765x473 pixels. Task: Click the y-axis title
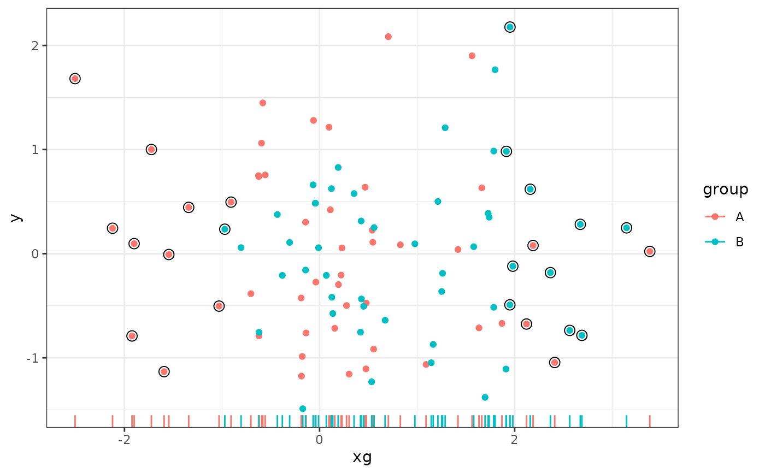(16, 217)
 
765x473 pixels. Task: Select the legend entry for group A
(739, 217)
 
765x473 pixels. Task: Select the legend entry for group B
(739, 242)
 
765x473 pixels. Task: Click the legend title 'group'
(725, 190)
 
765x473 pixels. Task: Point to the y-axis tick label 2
(36, 45)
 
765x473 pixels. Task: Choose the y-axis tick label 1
(36, 150)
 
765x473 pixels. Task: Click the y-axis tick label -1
(33, 358)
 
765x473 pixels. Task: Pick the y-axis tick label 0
(36, 254)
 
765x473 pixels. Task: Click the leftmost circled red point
(75, 79)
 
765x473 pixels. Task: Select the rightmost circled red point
(649, 251)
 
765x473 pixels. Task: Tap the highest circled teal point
(510, 27)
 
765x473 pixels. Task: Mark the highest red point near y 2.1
(388, 37)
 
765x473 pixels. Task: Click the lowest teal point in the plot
(303, 409)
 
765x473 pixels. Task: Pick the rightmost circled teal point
(626, 228)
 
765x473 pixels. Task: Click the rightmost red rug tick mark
(649, 421)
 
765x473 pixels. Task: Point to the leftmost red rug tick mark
(75, 421)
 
